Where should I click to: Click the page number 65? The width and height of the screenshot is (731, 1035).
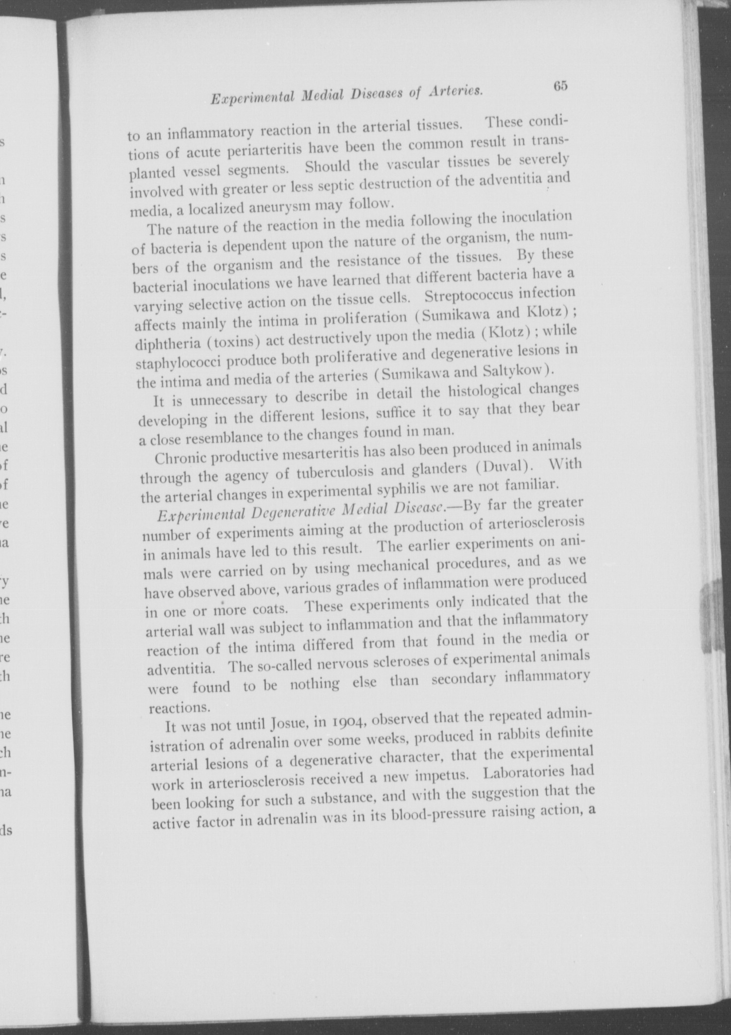coord(560,86)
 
